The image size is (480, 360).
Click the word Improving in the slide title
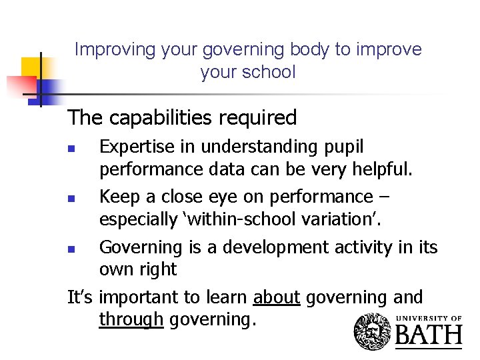(x=105, y=50)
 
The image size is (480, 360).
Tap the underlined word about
(x=277, y=297)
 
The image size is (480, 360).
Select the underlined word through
(x=131, y=320)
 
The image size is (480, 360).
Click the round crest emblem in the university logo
(x=374, y=331)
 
